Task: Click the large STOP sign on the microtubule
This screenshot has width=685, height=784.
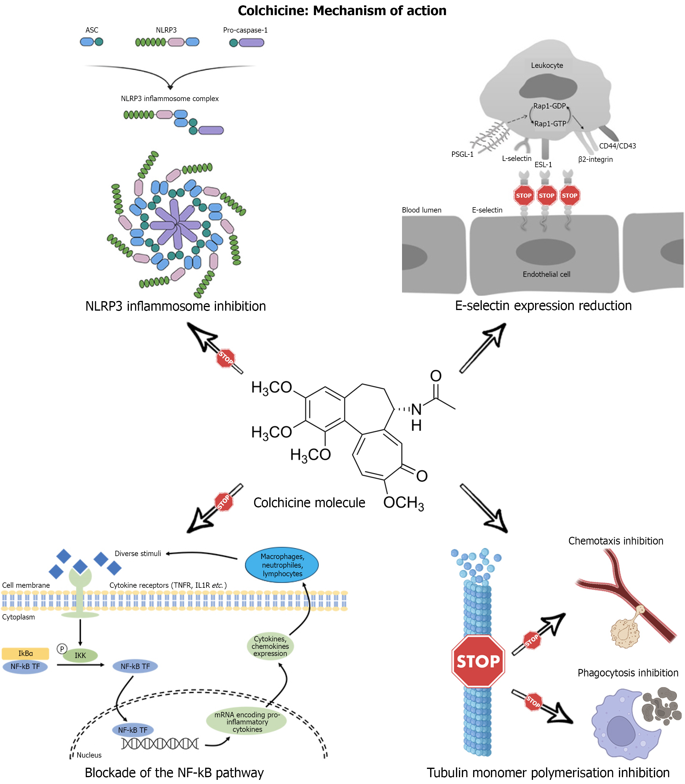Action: coord(478,661)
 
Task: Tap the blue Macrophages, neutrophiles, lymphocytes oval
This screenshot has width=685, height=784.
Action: coord(282,565)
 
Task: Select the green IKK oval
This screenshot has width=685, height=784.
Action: coord(80,655)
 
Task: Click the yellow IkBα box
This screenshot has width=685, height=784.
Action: coord(25,653)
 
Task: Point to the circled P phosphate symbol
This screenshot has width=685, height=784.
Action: coord(62,649)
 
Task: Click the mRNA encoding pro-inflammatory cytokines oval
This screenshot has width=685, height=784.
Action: coord(247,722)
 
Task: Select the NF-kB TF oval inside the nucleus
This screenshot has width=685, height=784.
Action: coord(133,730)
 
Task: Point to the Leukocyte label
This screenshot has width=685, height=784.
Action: coord(547,66)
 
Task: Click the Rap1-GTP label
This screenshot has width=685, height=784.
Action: coord(550,124)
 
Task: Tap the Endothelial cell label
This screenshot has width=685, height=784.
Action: coord(546,274)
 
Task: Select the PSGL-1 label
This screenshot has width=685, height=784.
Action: coord(462,154)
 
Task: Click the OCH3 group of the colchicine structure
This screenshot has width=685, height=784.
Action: coord(403,503)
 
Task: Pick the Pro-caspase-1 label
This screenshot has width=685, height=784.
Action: coord(245,30)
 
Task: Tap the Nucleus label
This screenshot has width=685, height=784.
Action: coord(89,755)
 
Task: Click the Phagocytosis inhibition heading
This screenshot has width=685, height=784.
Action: coord(628,673)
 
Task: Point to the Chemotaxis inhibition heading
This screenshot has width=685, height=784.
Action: coord(615,541)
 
